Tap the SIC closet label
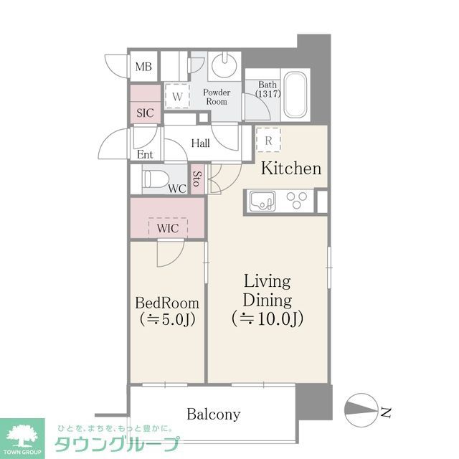tap(145, 113)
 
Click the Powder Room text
tap(216, 97)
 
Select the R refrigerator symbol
tap(268, 141)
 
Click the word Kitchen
tap(290, 169)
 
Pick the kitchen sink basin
tap(262, 201)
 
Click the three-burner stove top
tap(296, 200)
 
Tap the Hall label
tap(200, 143)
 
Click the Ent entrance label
tap(145, 154)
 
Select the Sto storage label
tap(197, 180)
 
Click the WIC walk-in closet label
tap(167, 227)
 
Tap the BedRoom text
tap(167, 303)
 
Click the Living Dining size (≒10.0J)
tap(267, 318)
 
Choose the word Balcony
tap(213, 414)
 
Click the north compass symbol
tap(364, 411)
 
